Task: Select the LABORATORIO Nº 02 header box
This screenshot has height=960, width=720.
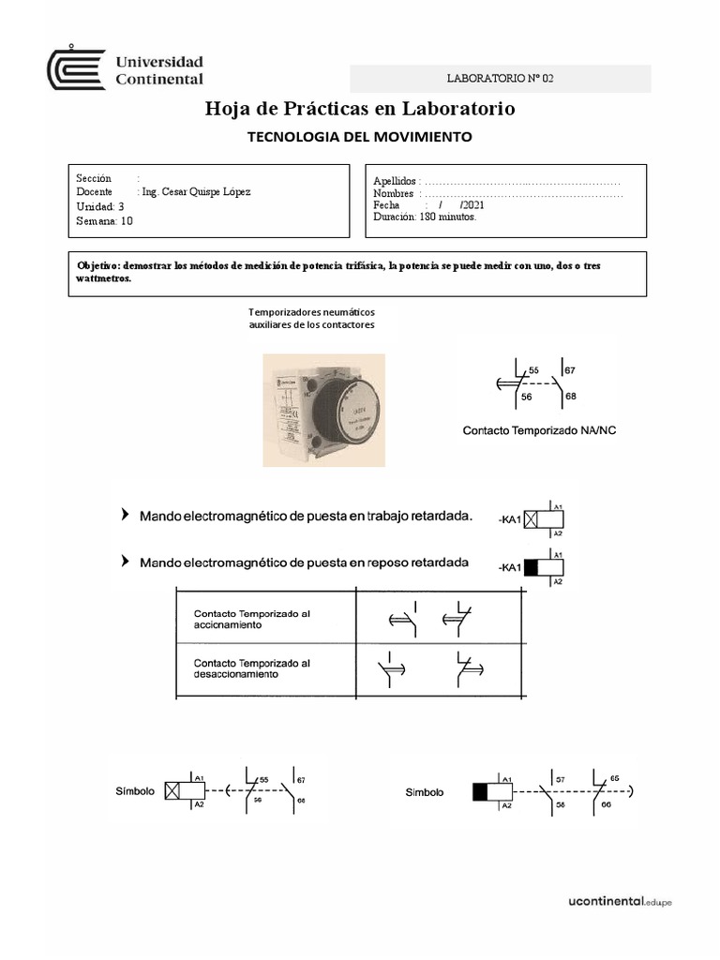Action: point(501,79)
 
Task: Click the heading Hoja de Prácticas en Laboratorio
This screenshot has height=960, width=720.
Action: point(360,110)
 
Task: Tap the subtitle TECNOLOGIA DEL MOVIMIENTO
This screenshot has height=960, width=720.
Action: point(359,137)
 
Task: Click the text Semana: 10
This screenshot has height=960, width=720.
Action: point(105,221)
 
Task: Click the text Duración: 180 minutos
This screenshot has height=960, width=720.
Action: point(425,217)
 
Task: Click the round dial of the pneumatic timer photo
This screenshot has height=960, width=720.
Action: point(342,411)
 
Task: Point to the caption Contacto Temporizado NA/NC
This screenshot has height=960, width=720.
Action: point(539,430)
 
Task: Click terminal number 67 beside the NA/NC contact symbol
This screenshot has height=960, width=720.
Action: point(570,371)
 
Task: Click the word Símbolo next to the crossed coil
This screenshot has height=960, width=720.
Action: point(135,790)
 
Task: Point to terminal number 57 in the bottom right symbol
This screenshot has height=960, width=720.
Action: point(559,779)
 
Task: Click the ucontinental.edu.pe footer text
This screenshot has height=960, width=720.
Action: point(620,902)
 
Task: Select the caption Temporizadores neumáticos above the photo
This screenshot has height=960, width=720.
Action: point(311,312)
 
